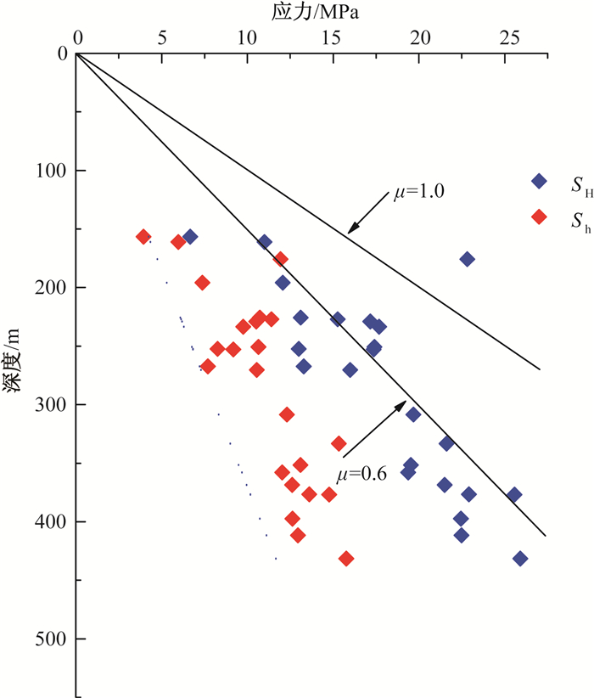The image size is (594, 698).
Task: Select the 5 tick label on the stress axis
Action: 162,37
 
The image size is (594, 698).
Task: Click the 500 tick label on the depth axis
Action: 49,639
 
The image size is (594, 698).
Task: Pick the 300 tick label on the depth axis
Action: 49,404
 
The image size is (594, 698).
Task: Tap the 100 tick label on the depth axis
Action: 49,171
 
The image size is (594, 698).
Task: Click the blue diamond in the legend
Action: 538,181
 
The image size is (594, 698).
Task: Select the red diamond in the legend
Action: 538,217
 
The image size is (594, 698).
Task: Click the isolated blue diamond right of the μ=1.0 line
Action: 467,259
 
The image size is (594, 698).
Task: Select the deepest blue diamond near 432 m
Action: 520,559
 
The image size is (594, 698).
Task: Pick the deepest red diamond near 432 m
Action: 346,559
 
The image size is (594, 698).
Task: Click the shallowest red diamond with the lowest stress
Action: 143,237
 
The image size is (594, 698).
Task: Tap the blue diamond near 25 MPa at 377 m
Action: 513,495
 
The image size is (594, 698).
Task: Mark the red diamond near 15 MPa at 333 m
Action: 339,443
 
